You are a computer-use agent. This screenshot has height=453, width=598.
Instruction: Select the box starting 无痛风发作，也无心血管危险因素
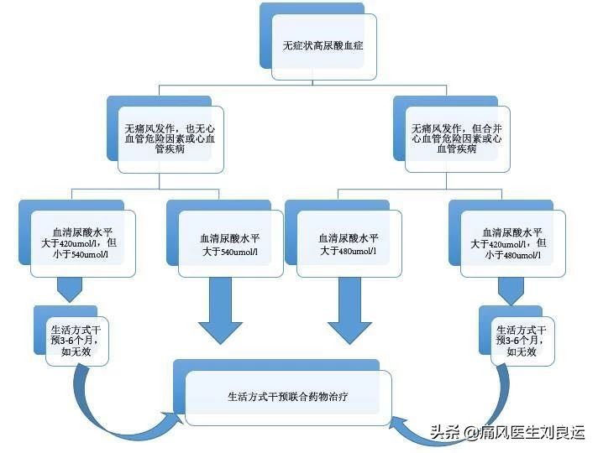(x=169, y=138)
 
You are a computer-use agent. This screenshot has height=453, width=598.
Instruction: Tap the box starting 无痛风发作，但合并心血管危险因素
(x=457, y=138)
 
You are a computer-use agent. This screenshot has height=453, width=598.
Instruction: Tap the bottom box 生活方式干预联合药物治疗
(x=288, y=393)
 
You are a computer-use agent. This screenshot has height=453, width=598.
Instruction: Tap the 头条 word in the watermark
(x=445, y=433)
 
